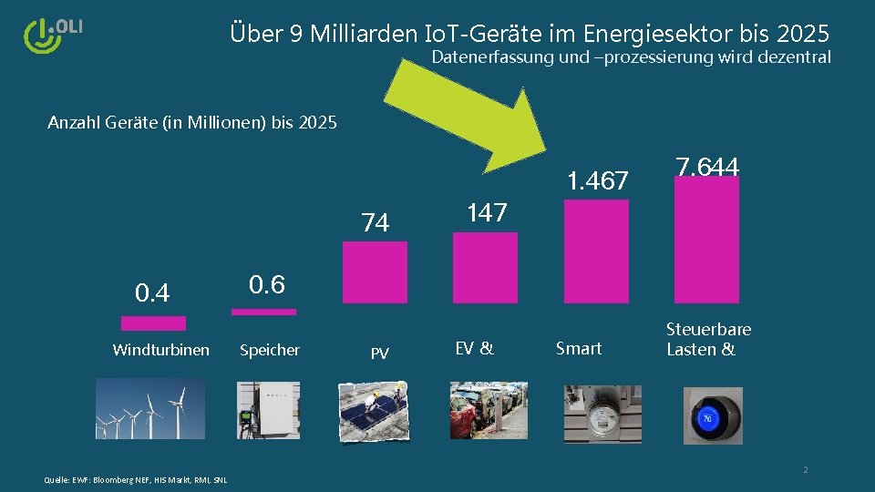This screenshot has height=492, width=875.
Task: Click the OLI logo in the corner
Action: (52, 34)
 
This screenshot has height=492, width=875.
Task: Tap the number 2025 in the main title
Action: (803, 35)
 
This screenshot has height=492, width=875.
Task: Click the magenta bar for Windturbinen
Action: (153, 323)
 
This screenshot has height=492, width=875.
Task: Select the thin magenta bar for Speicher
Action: (263, 312)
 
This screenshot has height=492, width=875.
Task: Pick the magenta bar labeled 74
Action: (375, 272)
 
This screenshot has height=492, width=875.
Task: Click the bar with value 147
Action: (485, 267)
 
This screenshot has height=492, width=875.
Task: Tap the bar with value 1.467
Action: (596, 251)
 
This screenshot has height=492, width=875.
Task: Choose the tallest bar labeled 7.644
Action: (706, 239)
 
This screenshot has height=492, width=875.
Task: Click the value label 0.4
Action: (152, 293)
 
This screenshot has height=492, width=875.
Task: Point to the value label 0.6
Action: (267, 285)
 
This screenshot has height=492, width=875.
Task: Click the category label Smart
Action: (579, 348)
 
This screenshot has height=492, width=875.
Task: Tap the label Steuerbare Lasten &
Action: (708, 339)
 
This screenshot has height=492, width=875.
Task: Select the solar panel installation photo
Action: (374, 412)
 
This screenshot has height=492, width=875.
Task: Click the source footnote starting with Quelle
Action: (135, 480)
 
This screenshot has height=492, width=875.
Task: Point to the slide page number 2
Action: (805, 470)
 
